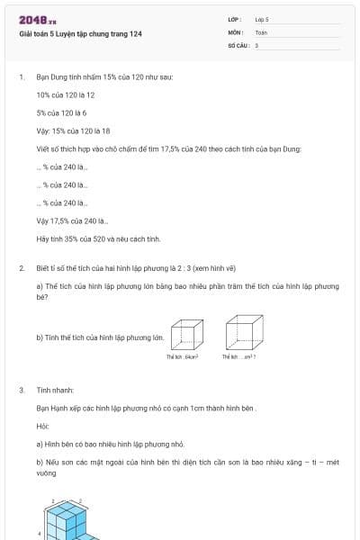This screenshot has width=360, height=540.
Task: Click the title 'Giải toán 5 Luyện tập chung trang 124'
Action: coord(81,33)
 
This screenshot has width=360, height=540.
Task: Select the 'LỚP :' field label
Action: coord(235,19)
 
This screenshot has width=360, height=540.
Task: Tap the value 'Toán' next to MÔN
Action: coord(261,31)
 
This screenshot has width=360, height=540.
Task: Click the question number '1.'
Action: coord(22,77)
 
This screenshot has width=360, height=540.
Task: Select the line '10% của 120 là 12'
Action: coord(66,94)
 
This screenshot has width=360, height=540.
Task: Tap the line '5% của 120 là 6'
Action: coord(62,112)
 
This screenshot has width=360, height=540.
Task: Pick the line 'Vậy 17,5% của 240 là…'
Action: coord(73,221)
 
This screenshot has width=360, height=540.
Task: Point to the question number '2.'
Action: coord(22,268)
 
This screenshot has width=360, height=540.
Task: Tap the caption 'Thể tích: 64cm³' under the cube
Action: coord(182,357)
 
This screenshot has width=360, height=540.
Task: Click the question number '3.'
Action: coord(22,390)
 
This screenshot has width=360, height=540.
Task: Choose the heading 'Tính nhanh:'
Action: coord(56,390)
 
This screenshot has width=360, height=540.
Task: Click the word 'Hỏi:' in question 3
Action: coord(43,426)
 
